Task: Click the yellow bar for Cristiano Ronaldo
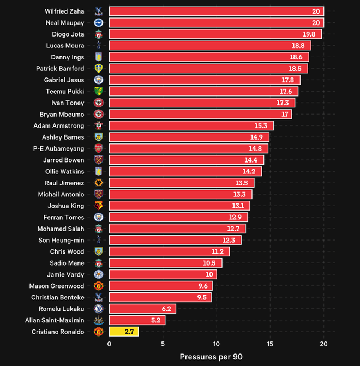pos(124,331)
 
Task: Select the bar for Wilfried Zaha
pos(216,11)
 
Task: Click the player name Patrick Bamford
pos(60,69)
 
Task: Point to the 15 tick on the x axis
pos(270,344)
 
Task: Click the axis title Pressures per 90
pos(211,357)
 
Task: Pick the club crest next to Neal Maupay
pos(99,22)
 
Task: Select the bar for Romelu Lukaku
pos(142,308)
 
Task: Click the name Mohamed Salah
pos(61,229)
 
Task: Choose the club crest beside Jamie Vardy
pos(99,274)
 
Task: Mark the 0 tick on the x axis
pos(109,344)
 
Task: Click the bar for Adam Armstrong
pos(191,125)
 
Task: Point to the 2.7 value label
pos(129,331)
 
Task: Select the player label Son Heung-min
pos(61,240)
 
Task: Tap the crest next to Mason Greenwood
pos(99,285)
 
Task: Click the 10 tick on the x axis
pos(217,344)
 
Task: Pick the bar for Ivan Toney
pos(202,103)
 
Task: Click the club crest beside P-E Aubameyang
pos(99,148)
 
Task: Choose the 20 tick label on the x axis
pos(323,344)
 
